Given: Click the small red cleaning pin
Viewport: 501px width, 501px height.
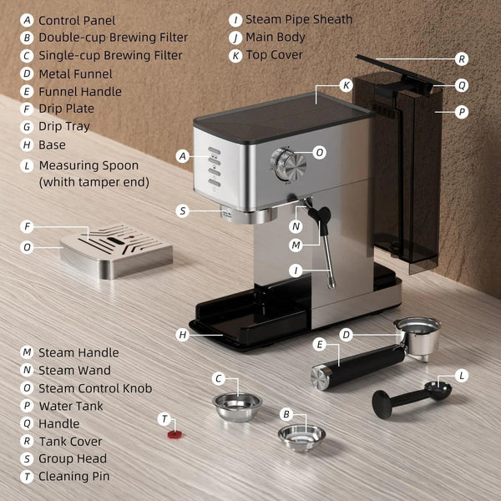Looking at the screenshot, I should [x=173, y=434].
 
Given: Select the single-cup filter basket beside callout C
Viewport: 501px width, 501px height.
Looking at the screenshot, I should [x=237, y=406].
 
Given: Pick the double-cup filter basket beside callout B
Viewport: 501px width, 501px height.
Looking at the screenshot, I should [x=301, y=436].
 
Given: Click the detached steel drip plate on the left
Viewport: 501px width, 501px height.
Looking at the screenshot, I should [x=117, y=248].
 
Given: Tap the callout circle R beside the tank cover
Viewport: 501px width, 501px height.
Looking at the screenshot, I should [x=461, y=59].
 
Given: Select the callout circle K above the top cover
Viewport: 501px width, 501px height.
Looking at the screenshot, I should [x=347, y=85].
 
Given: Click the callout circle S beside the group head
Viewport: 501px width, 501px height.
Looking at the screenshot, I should [x=183, y=211].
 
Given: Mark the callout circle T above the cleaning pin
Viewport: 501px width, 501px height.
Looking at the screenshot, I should [x=164, y=418].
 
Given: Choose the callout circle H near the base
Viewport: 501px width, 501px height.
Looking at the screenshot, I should [x=183, y=335].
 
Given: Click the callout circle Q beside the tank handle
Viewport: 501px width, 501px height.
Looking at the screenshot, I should [x=461, y=85].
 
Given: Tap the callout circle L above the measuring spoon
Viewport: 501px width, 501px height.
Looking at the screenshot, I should [x=462, y=376].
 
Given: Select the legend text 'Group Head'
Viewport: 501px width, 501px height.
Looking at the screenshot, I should [x=72, y=458].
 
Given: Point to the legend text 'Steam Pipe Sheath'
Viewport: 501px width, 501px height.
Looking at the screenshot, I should [x=298, y=19].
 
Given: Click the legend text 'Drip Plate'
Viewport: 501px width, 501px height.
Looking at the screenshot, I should [x=66, y=109].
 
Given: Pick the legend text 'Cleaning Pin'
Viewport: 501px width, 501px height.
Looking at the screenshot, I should [x=74, y=476].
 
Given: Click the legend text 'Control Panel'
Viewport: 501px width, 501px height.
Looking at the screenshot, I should [x=77, y=20].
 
